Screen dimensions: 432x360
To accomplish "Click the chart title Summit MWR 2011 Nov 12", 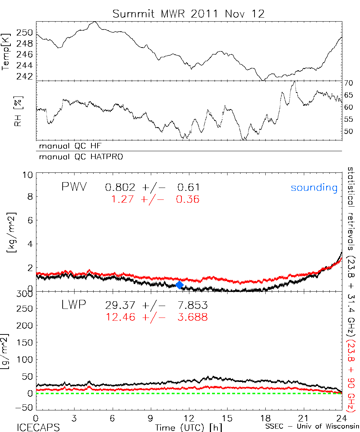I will [x=188, y=14].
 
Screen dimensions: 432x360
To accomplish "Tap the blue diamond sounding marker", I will [x=179, y=285].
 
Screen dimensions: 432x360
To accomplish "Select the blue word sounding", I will [x=314, y=188].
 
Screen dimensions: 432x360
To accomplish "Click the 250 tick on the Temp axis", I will [x=26, y=33].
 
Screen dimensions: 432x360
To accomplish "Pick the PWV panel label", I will [x=74, y=187].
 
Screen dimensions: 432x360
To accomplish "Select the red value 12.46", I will [x=120, y=317].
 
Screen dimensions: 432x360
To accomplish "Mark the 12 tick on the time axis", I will [x=189, y=418].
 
